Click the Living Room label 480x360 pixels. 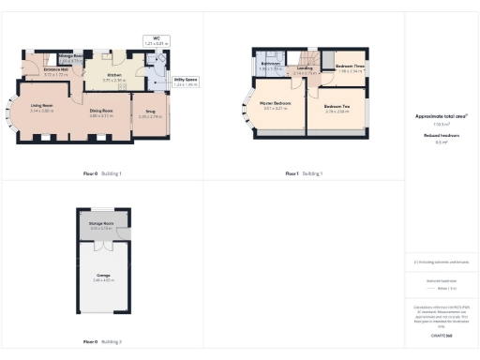pyautogui.click(x=40, y=106)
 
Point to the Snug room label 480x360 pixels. pyautogui.click(x=150, y=114)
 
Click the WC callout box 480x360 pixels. pyautogui.click(x=156, y=41)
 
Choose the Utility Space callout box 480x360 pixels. pyautogui.click(x=185, y=82)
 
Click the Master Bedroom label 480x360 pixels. pyautogui.click(x=277, y=107)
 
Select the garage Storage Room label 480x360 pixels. pyautogui.click(x=101, y=224)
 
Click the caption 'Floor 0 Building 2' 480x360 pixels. pyautogui.click(x=102, y=342)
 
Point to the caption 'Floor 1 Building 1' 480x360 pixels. pyautogui.click(x=304, y=173)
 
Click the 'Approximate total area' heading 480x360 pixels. pyautogui.click(x=441, y=115)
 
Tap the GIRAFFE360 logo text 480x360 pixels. pyautogui.click(x=442, y=335)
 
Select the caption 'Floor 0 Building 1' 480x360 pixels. pyautogui.click(x=102, y=173)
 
